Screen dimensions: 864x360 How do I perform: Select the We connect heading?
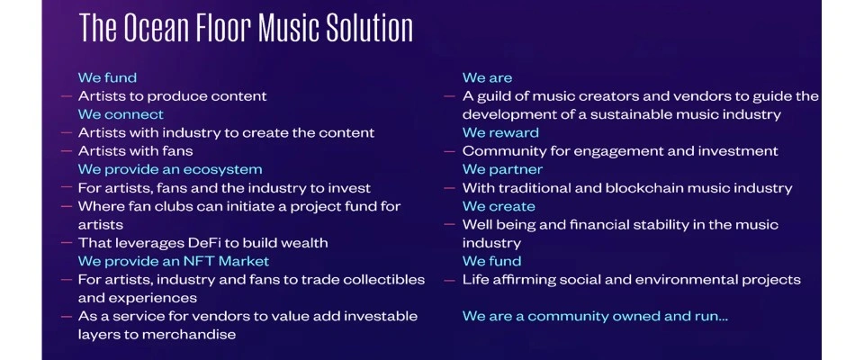(x=121, y=114)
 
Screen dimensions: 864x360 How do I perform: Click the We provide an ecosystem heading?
(x=170, y=169)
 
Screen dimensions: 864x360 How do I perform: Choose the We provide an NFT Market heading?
(x=174, y=261)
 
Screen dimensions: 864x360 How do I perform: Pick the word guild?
(x=490, y=96)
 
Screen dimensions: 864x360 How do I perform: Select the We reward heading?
(x=500, y=132)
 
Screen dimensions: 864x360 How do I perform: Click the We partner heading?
(x=502, y=169)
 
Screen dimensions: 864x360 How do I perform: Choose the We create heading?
(x=499, y=206)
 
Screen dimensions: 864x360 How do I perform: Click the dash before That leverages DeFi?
(x=67, y=243)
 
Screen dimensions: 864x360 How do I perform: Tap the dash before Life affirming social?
(x=450, y=280)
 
